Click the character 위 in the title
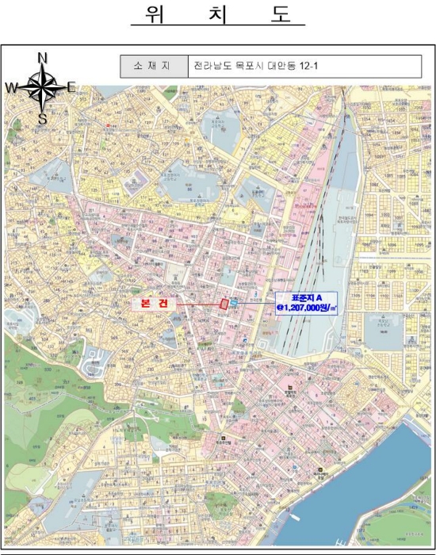pyautogui.click(x=155, y=15)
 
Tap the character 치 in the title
pyautogui.click(x=217, y=15)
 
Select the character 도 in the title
pyautogui.click(x=281, y=15)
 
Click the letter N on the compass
pyautogui.click(x=43, y=57)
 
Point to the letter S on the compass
pyautogui.click(x=43, y=119)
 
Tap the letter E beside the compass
pyautogui.click(x=71, y=87)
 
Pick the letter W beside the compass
pyautogui.click(x=12, y=87)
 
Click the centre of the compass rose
pyautogui.click(x=42, y=87)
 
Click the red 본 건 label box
pyautogui.click(x=155, y=304)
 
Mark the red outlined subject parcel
pyautogui.click(x=224, y=303)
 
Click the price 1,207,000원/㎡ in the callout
pyautogui.click(x=308, y=308)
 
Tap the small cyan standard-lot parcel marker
pyautogui.click(x=234, y=301)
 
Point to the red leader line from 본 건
pyautogui.click(x=198, y=304)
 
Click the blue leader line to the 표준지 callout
pyautogui.click(x=256, y=301)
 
